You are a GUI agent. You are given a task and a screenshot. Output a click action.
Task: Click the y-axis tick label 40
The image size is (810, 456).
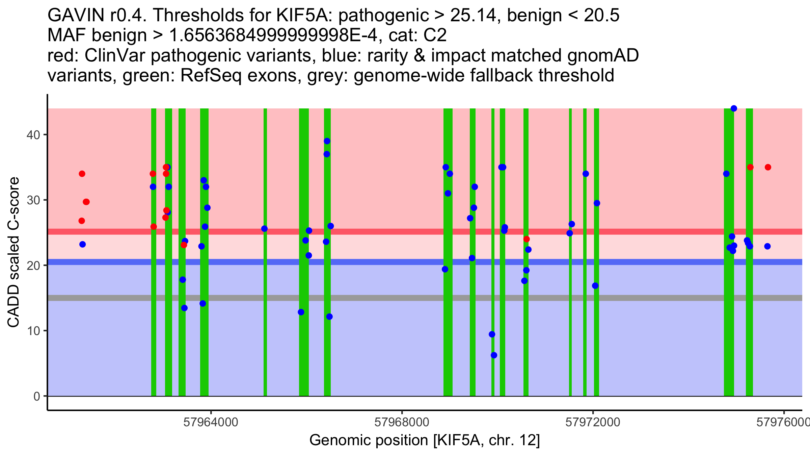(33, 135)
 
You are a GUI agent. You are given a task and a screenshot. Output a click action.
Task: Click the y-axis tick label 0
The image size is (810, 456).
(36, 396)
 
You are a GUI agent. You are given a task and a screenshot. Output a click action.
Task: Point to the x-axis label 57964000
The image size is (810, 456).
(211, 422)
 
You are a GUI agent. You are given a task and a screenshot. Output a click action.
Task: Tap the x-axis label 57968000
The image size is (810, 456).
(402, 422)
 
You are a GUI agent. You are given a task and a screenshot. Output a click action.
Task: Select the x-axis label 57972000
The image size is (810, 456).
(593, 422)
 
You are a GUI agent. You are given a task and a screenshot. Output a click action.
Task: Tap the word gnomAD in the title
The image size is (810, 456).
(603, 55)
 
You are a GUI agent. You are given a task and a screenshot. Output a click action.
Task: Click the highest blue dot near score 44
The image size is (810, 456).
(734, 108)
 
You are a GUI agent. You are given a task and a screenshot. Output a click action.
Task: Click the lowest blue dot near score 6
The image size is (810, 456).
(494, 355)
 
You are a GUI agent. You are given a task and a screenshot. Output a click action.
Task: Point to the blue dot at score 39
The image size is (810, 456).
(327, 141)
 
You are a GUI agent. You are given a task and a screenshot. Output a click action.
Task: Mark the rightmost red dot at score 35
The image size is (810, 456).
(768, 167)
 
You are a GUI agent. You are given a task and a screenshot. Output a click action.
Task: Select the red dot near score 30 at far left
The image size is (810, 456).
(86, 202)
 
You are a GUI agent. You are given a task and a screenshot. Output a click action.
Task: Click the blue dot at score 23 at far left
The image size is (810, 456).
(83, 244)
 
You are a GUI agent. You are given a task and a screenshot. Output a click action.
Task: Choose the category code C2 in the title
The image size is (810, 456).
(435, 35)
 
